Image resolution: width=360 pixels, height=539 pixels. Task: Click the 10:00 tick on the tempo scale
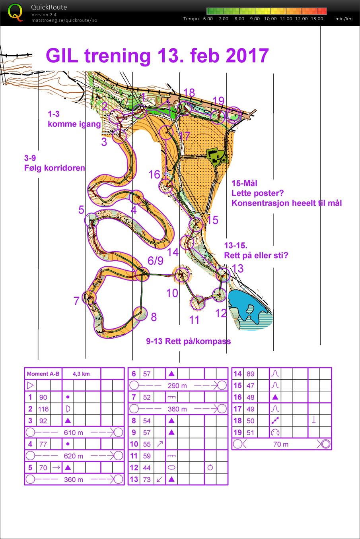[270, 19]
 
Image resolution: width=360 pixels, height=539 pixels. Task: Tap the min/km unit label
[344, 19]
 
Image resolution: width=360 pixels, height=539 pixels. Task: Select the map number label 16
[154, 174]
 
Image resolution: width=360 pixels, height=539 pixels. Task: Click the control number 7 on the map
[76, 301]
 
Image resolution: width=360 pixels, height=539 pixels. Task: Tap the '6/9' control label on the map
[155, 261]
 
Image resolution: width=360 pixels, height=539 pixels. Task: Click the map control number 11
[194, 320]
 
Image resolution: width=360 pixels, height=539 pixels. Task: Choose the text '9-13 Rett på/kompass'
[188, 341]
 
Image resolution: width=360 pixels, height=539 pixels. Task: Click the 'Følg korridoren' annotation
[54, 168]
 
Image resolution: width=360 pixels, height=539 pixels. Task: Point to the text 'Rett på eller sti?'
[256, 255]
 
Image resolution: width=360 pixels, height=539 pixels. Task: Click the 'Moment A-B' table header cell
[43, 374]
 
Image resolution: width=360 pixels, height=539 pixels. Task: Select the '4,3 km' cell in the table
[81, 374]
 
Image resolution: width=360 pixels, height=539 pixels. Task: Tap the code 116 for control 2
[43, 409]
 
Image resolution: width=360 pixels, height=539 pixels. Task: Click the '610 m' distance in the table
[74, 432]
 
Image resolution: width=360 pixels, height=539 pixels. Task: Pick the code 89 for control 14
[251, 374]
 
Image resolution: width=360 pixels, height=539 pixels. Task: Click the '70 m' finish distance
[281, 444]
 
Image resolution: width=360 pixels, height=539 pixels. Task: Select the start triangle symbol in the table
[30, 386]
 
